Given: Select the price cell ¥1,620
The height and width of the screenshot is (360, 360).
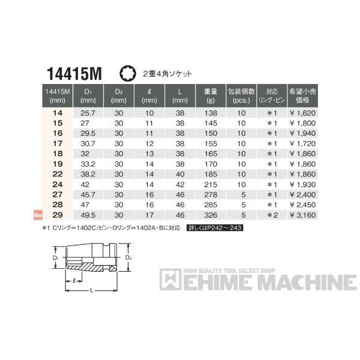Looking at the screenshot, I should click(304, 112).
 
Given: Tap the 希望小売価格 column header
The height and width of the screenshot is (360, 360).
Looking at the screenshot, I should click(304, 95).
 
